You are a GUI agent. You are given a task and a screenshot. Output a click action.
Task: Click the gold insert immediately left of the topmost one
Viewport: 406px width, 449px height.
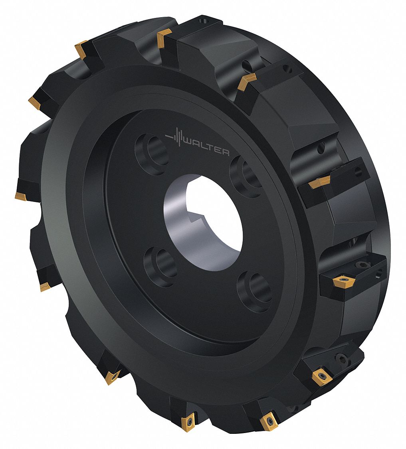[82, 48]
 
